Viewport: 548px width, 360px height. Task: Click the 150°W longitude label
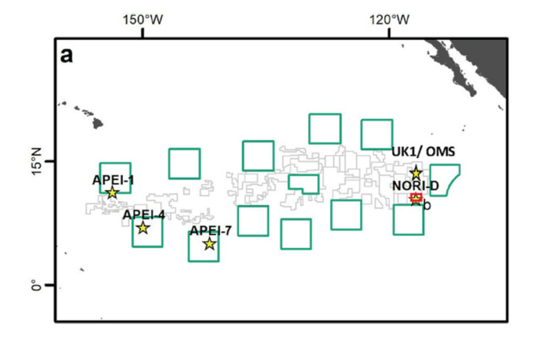point(142,20)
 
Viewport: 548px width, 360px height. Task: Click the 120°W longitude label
point(389,20)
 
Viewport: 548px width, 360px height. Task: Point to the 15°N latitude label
point(36,161)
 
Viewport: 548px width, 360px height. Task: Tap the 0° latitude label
point(36,285)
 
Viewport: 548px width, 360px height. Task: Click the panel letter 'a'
point(67,56)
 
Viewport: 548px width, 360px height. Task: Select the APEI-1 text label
point(113,180)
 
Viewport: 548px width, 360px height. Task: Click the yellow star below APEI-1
point(112,193)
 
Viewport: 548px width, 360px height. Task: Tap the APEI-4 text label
point(143,214)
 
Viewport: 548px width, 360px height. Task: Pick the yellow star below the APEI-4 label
point(143,228)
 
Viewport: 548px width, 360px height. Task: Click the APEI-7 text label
point(211,231)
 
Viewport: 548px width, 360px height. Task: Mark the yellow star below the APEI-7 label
point(209,243)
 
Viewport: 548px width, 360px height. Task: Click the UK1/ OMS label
point(424,152)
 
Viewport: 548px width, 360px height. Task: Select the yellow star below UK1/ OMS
point(416,173)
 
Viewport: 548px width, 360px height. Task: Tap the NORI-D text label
point(416,185)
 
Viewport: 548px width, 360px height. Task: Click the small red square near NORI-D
point(416,196)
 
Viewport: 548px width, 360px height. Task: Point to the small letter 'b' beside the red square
point(427,205)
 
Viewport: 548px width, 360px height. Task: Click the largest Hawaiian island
point(98,123)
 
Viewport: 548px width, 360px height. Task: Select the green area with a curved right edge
point(431,180)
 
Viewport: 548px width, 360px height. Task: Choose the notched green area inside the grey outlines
point(290,182)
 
